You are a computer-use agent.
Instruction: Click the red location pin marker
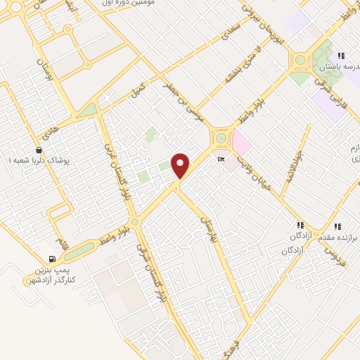[x=181, y=165]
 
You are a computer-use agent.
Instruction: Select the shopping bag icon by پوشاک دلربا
[x=39, y=150]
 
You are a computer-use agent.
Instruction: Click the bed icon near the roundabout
[x=221, y=160]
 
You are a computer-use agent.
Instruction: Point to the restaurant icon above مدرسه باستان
[x=340, y=56]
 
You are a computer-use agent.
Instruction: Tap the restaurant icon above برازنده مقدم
[x=337, y=226]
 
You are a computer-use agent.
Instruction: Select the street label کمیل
[x=139, y=89]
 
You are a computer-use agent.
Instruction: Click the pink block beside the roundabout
[x=241, y=144]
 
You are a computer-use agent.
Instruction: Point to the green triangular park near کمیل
[x=87, y=110]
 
